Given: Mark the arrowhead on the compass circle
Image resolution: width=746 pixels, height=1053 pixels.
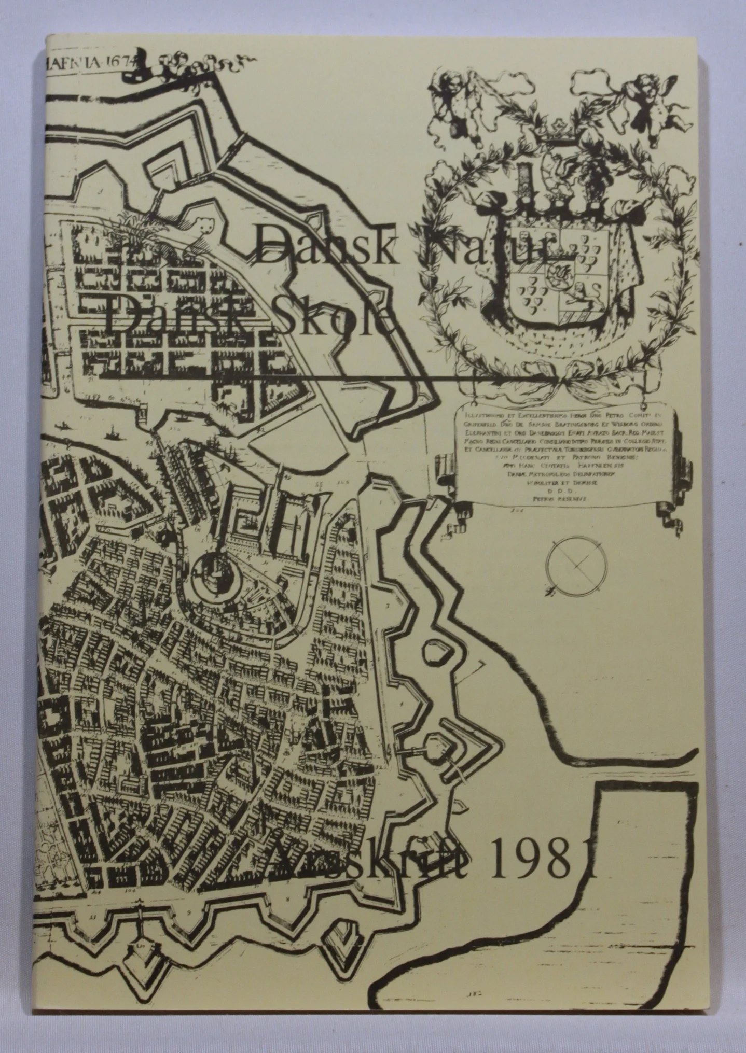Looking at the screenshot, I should (x=555, y=588).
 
